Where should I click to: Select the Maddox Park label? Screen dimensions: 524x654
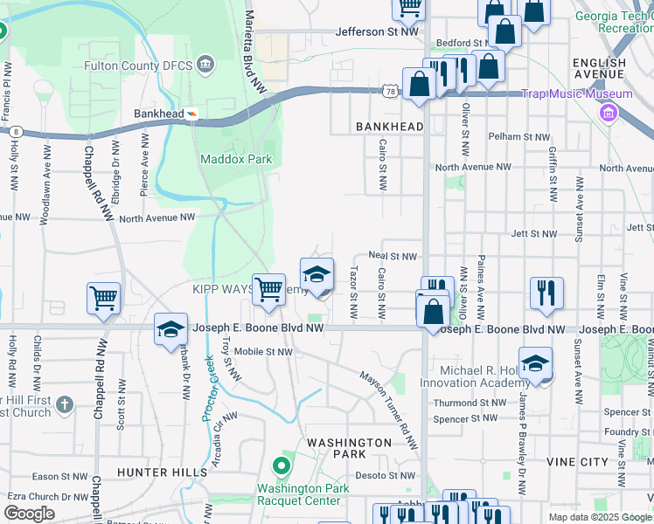point(236,159)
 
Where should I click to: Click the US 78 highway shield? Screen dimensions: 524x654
point(389,90)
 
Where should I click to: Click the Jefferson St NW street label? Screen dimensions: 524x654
point(378,32)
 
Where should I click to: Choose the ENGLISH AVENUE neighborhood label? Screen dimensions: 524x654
point(599,70)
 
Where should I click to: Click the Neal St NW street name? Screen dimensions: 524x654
point(391,256)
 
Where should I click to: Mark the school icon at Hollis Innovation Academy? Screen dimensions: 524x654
point(535,363)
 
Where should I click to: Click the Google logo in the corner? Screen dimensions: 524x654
point(29,513)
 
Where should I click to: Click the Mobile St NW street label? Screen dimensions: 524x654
point(265,352)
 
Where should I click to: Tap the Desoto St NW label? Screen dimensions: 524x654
point(389,476)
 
